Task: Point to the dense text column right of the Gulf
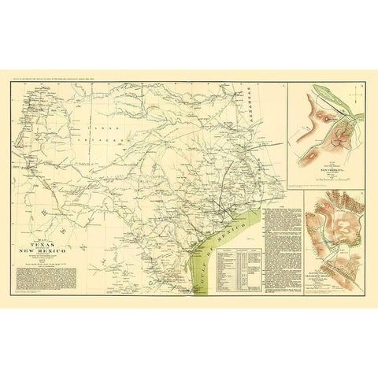coord(280,252)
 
